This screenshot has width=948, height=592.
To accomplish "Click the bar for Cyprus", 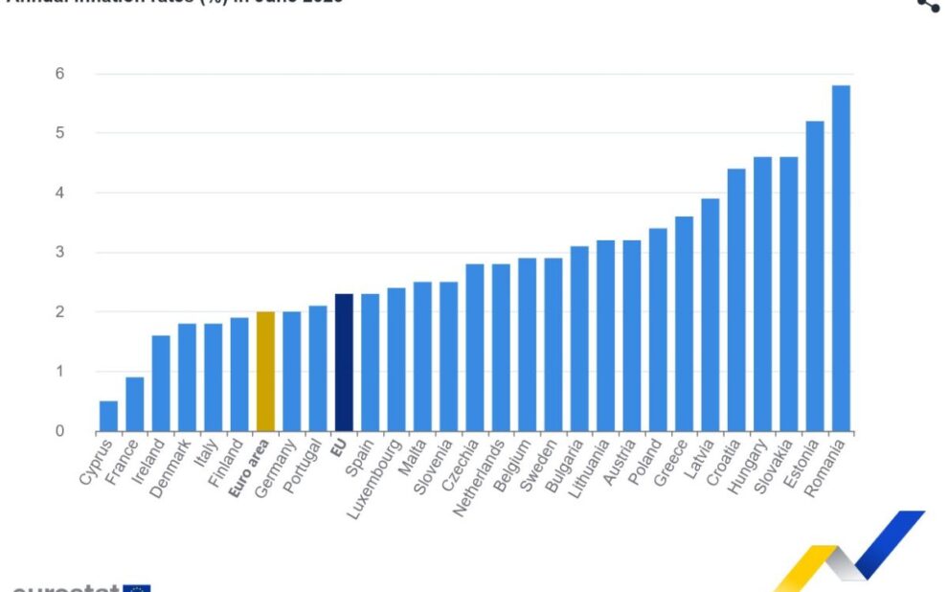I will coord(108,416).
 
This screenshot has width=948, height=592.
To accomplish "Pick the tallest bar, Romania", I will coord(841,259).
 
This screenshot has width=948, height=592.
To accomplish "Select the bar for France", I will coord(135,404).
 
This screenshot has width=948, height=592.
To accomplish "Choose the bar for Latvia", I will coord(711,315).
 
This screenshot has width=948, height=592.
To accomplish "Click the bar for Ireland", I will coord(161,383).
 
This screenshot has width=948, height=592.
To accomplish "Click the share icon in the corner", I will coord(927,4).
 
